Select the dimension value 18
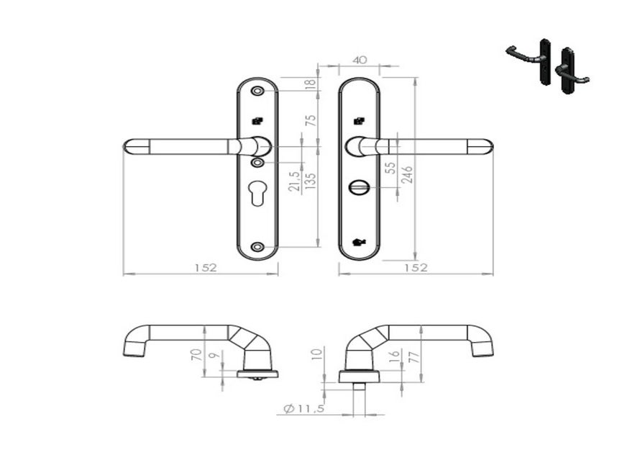311,84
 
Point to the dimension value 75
311,120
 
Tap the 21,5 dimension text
293,182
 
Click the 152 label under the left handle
204,267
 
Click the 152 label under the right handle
416,267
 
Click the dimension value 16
393,357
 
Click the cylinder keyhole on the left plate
257,195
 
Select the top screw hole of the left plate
257,91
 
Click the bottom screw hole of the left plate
257,247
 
